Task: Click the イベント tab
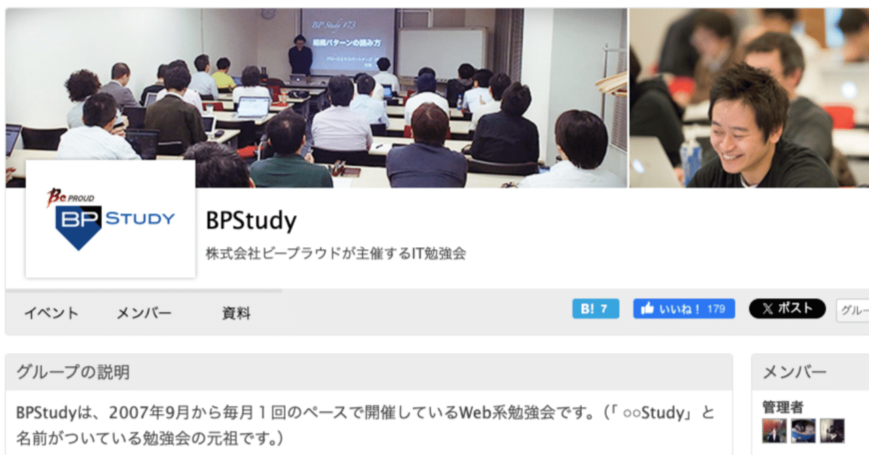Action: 52,313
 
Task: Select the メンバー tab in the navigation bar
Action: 144,313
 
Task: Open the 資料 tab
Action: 236,313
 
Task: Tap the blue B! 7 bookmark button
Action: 595,309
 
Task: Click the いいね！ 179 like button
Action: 684,309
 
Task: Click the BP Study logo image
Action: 111,219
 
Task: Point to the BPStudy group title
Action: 251,221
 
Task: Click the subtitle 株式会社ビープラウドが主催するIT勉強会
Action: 336,254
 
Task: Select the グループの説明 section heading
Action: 73,372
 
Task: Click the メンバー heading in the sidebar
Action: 794,372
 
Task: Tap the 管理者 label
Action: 783,407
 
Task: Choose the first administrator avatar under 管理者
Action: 775,431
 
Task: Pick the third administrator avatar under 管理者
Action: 832,431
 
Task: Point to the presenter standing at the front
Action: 300,54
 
